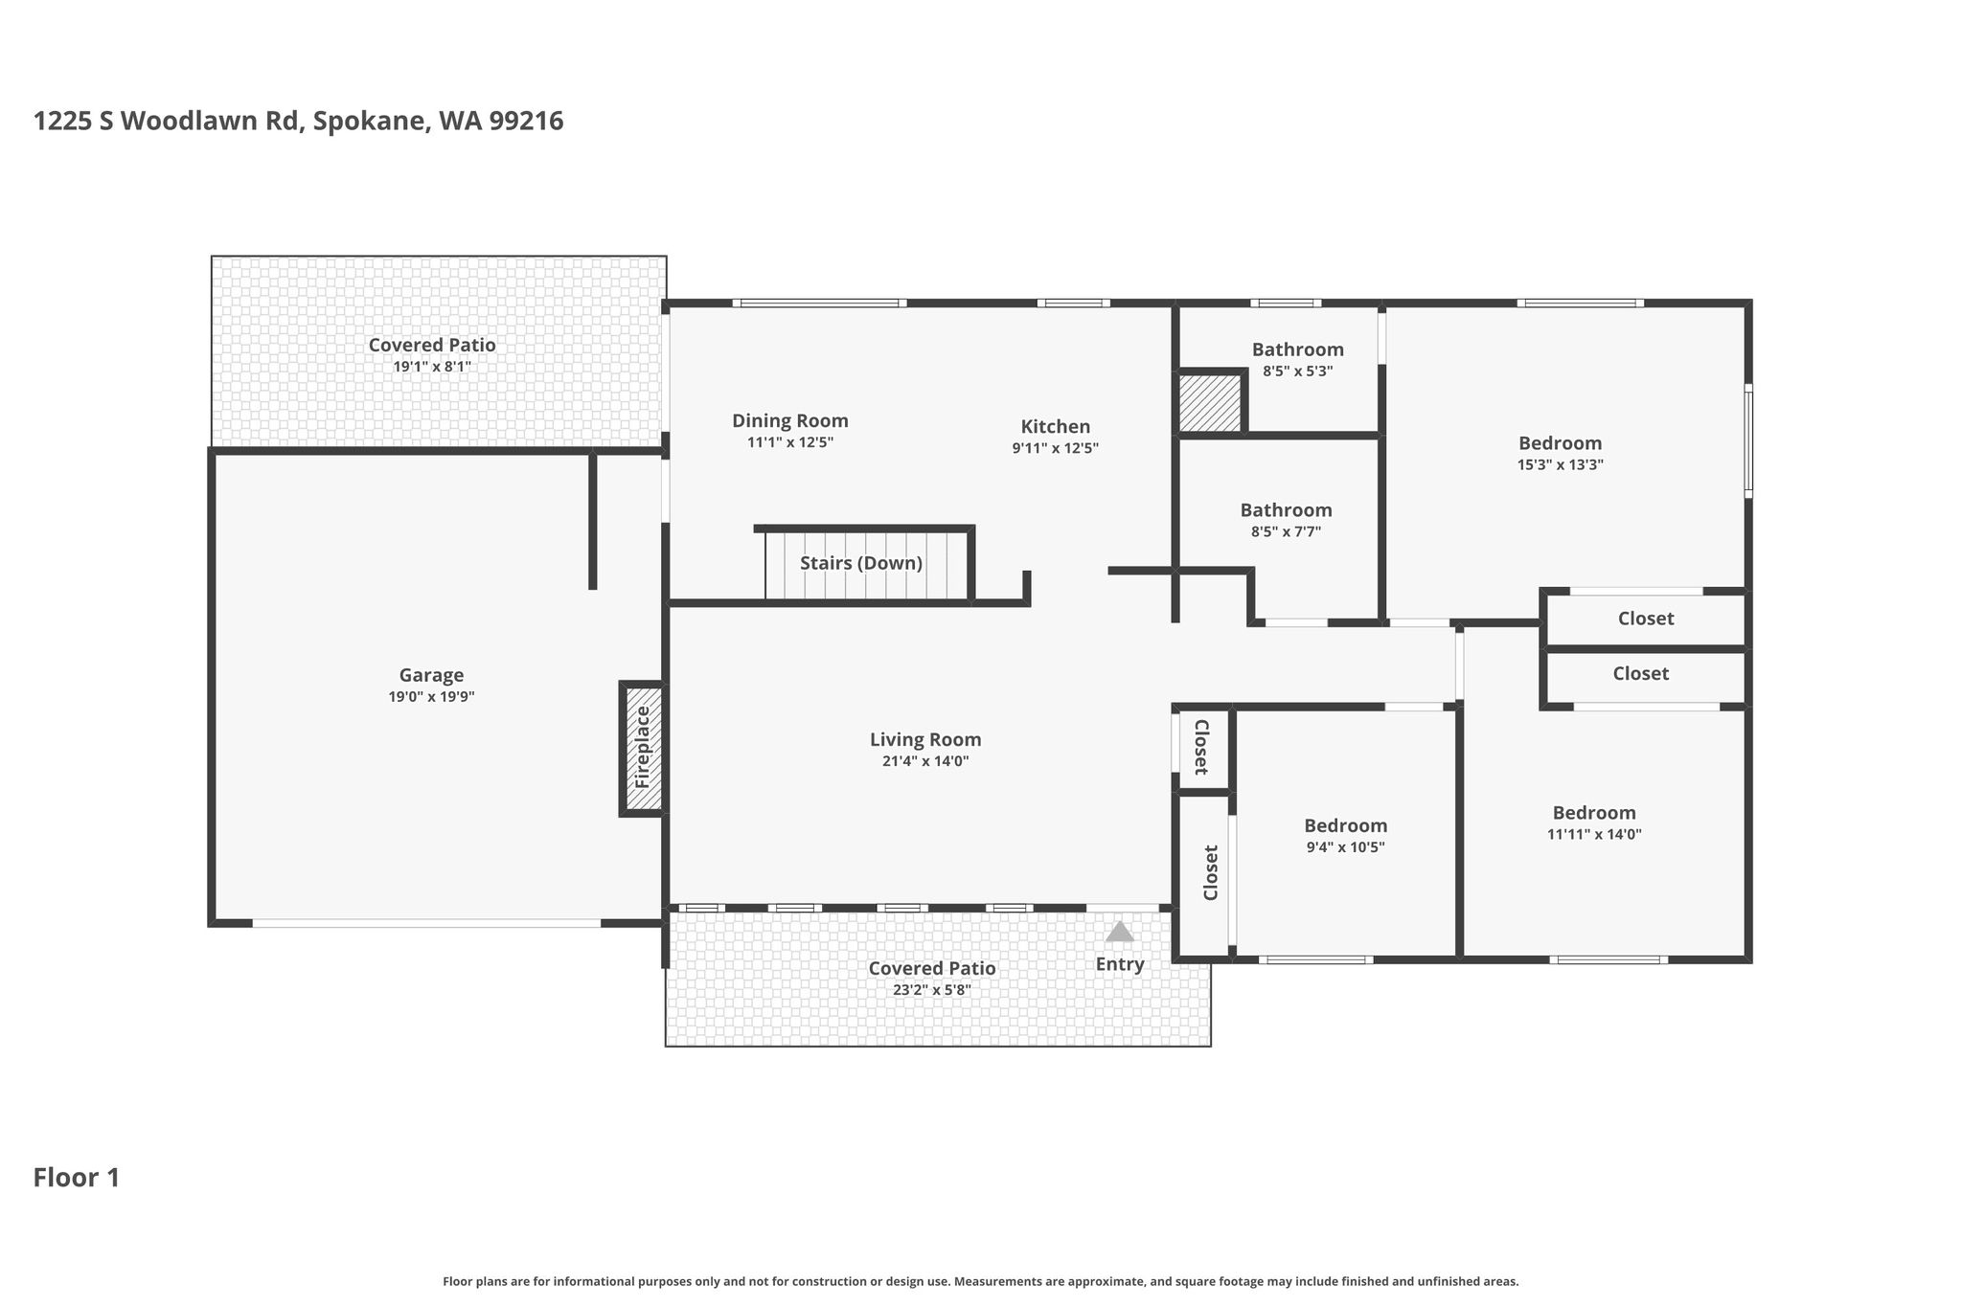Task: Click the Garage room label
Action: point(431,675)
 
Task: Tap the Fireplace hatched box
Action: point(642,748)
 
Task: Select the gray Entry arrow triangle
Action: point(1119,932)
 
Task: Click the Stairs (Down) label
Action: point(861,563)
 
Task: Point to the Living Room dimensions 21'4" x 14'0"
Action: point(925,761)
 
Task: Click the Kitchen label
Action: point(1055,426)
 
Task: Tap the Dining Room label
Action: point(790,421)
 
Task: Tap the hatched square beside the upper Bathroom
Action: point(1210,402)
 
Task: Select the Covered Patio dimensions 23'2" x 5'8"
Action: point(932,990)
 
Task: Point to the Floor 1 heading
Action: point(77,1178)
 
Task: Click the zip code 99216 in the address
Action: point(526,122)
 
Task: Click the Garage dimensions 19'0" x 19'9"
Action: point(431,697)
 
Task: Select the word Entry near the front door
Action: point(1120,964)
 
